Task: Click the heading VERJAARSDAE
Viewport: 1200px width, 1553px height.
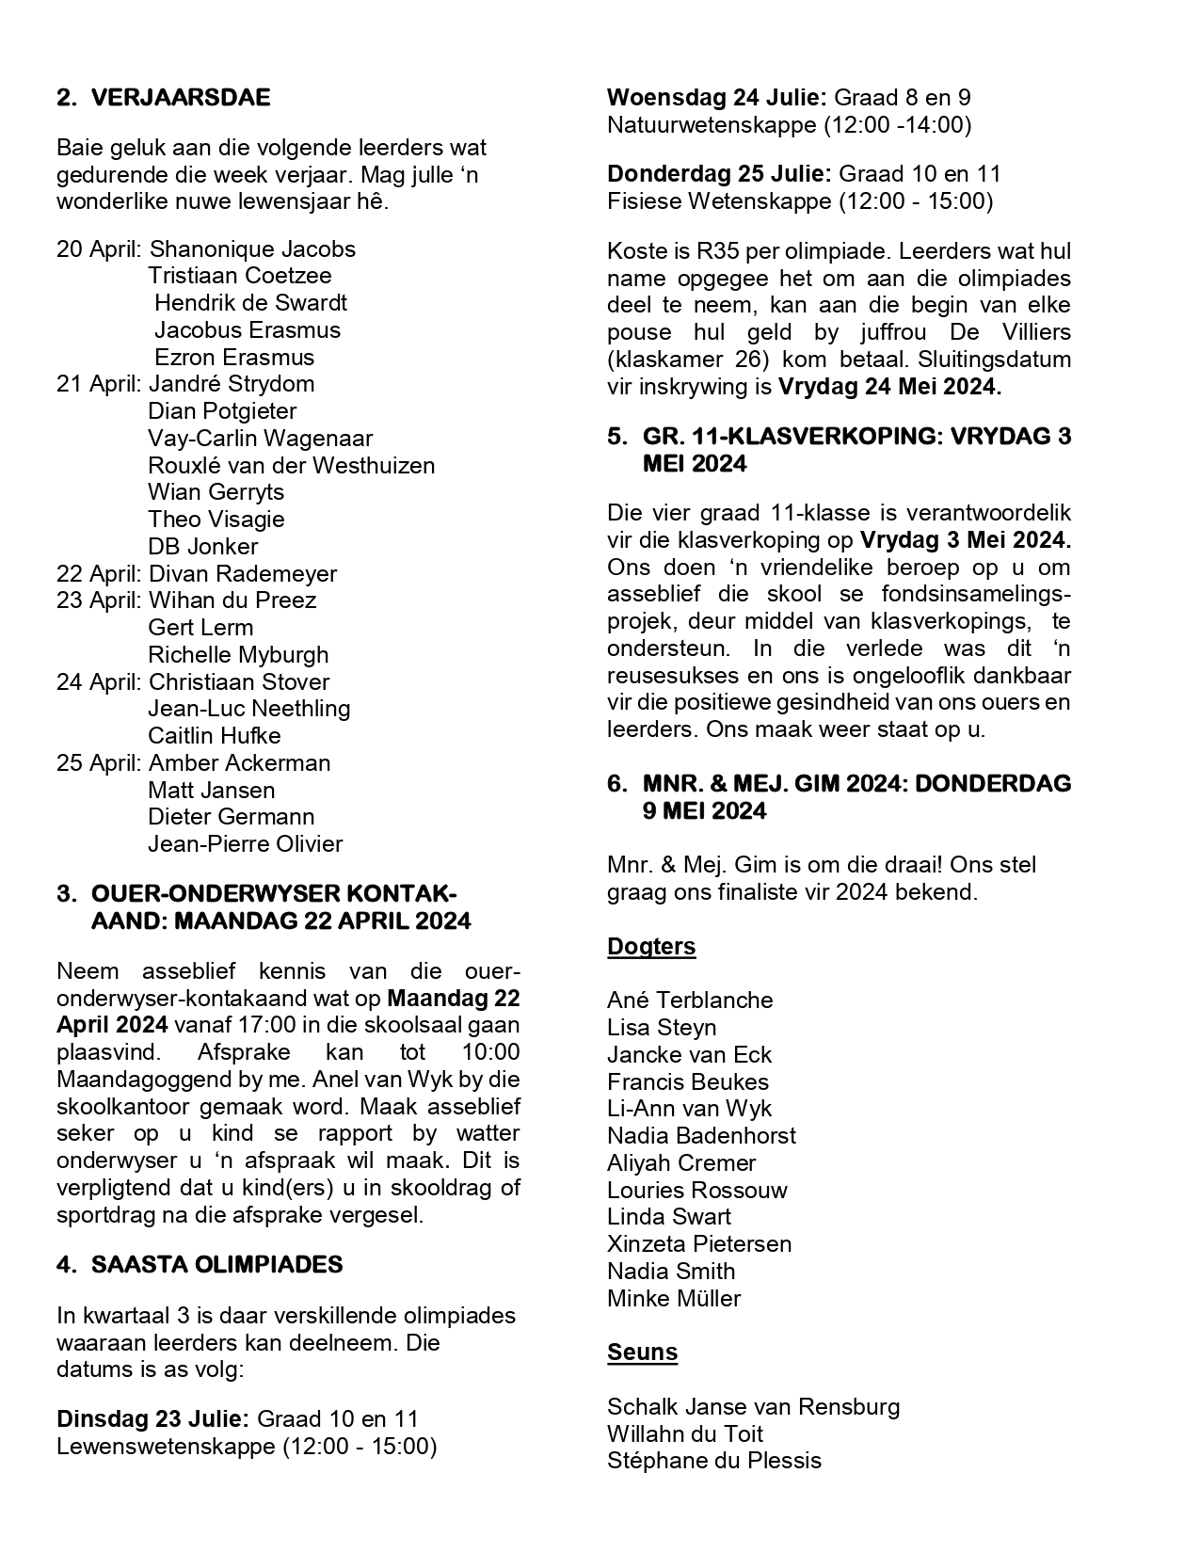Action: pos(180,98)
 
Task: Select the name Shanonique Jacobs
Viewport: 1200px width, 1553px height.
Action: pos(252,249)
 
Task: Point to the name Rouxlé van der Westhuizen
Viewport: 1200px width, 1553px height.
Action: pos(291,466)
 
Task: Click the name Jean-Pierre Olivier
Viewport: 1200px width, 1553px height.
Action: pos(245,844)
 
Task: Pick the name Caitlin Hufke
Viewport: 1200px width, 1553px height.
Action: pos(214,736)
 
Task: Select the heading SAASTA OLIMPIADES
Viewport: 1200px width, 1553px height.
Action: pos(216,1265)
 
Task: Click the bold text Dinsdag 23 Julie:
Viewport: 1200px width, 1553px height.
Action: pos(153,1419)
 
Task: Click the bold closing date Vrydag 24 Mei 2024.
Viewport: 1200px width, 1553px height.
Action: pos(889,387)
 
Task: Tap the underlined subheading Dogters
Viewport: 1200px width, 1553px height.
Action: pos(651,947)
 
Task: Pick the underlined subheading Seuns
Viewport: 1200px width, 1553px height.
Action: pos(642,1353)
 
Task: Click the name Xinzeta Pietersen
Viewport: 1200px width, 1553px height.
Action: pos(699,1244)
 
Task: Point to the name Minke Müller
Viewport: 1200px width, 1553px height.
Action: pos(674,1299)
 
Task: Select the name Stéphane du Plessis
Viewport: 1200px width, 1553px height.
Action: pos(714,1461)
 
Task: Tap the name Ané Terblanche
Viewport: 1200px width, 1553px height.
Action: pos(690,1001)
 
